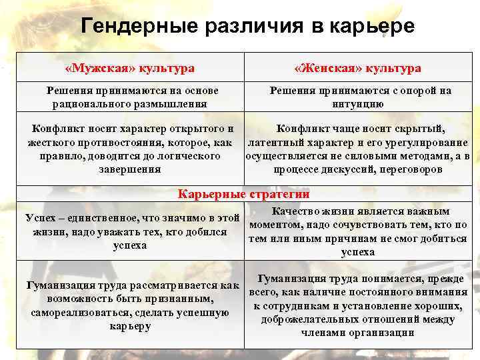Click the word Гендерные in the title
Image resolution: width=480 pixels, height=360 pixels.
(136, 26)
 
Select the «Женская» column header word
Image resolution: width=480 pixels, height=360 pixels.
(323, 68)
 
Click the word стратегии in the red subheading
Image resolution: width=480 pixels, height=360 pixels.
(279, 195)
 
